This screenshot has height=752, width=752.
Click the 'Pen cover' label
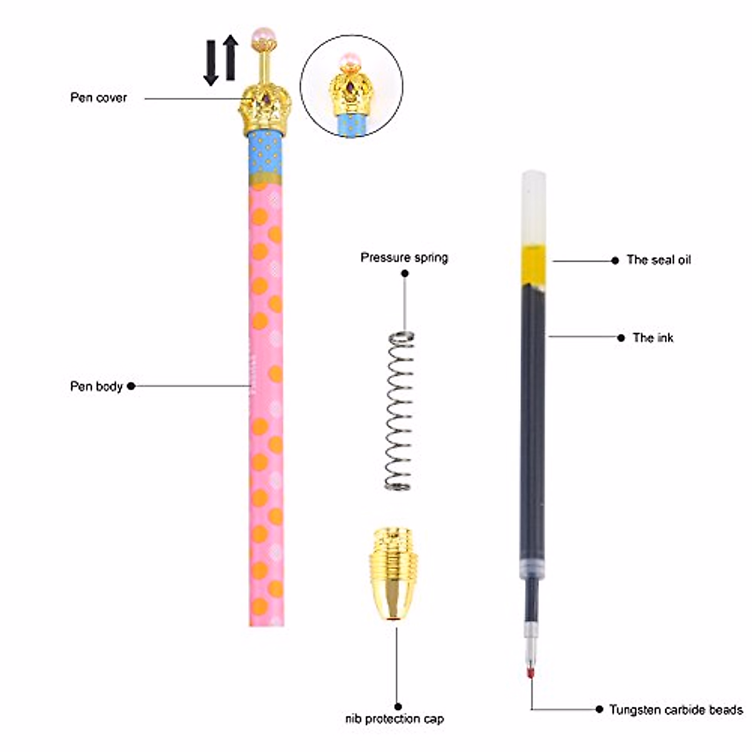click(98, 98)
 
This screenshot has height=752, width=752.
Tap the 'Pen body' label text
click(96, 386)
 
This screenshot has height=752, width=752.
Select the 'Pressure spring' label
click(404, 258)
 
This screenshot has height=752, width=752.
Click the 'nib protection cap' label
click(395, 719)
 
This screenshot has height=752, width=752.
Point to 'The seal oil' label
click(659, 260)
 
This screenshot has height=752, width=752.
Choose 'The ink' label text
click(653, 338)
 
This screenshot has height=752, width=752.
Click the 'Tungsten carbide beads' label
click(676, 710)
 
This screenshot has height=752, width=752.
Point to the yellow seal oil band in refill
click(533, 265)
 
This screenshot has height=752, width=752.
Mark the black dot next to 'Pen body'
click(131, 386)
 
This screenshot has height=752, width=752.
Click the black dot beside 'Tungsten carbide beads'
click(599, 709)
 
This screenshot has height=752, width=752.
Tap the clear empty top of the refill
click(533, 207)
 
